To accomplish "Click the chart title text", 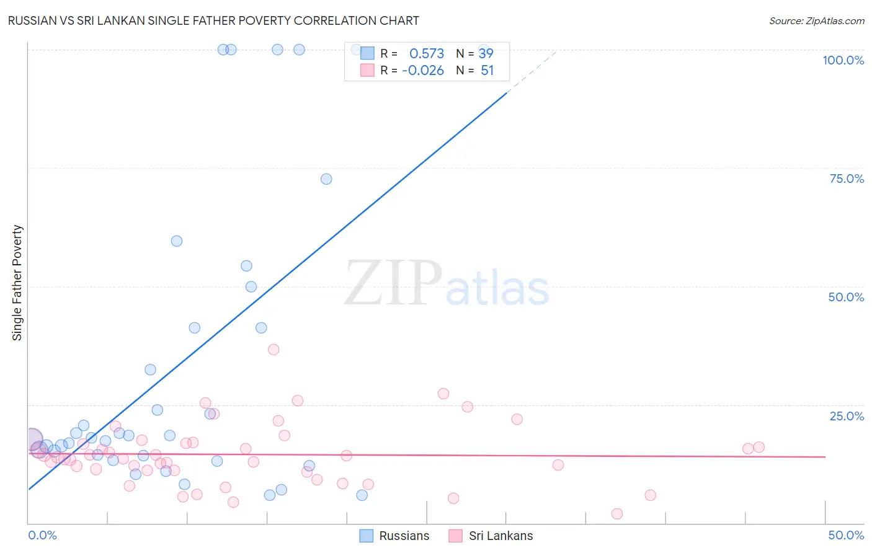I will tap(213, 20).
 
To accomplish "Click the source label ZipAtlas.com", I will tap(816, 20).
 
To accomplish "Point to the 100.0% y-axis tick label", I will tap(843, 60).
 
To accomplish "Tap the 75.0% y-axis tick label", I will tap(847, 179).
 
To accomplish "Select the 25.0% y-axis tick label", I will tap(847, 416).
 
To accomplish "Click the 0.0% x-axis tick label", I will tap(42, 535).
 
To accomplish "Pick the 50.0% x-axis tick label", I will tap(846, 535).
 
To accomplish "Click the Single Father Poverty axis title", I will tap(17, 283).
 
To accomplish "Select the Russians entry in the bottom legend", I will tap(404, 536).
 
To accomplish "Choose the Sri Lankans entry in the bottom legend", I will tap(501, 536).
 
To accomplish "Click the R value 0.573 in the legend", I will tap(427, 54).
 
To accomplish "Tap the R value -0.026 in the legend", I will tap(423, 71).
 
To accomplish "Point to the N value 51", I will tap(487, 71).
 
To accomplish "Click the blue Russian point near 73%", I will tap(326, 179).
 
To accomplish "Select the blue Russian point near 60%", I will tap(177, 241).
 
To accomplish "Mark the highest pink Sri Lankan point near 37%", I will tap(274, 350).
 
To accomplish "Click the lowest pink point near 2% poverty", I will tap(616, 514).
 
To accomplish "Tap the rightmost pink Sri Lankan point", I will tap(759, 447).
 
